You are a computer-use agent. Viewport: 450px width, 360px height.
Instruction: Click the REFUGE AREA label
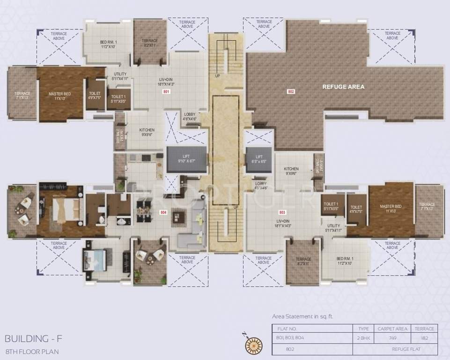pos(343,87)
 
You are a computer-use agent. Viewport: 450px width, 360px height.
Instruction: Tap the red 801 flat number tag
pos(166,92)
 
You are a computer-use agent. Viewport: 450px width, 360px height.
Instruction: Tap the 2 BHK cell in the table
pos(363,337)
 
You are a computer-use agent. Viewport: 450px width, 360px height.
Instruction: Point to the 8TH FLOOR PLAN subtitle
pos(32,351)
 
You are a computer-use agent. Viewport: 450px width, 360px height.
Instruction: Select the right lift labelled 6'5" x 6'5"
pos(259,158)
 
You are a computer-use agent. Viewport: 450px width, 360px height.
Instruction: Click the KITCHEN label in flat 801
pos(147,132)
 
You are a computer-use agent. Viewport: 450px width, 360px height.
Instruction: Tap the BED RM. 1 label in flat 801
pos(109,44)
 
